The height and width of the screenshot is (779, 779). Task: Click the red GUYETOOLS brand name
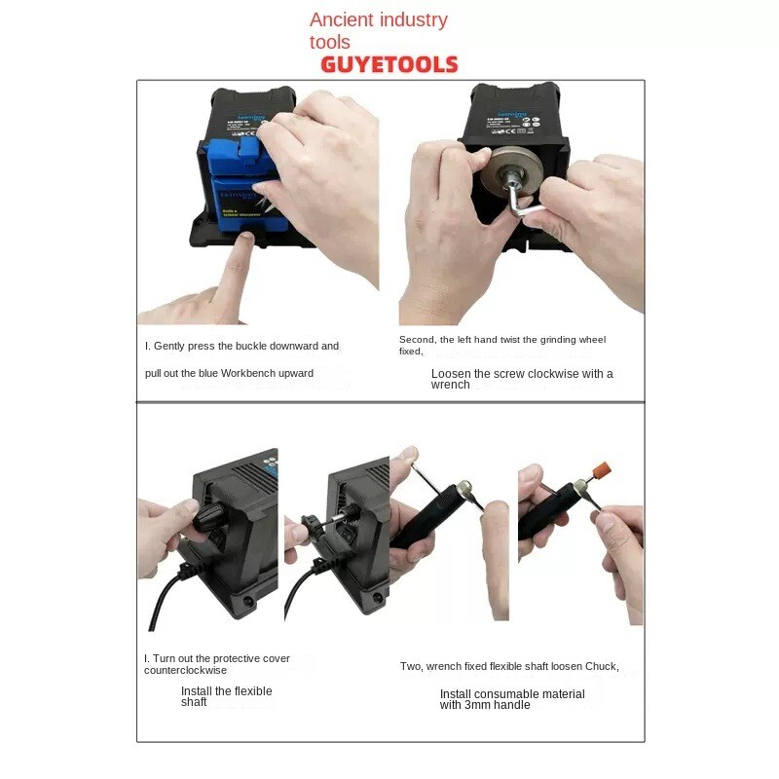pos(389,65)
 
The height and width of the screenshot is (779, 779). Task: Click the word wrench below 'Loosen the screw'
pos(450,385)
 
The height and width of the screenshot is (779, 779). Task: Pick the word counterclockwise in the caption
pos(185,670)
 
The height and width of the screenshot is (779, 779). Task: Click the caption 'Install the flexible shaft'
pos(226,696)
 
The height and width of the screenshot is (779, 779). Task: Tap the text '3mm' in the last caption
pos(477,705)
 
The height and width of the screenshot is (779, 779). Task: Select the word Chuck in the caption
pos(599,666)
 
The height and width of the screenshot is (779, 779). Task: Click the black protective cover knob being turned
pos(208,513)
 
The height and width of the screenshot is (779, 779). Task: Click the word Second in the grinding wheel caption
pos(415,340)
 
